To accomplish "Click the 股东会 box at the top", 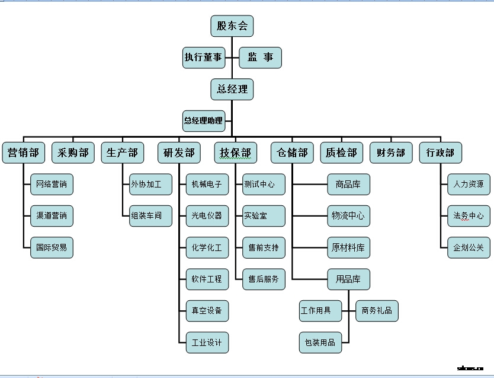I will click(232, 26).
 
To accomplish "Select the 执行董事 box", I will click(203, 58).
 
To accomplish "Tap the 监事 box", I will click(260, 58).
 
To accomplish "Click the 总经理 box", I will click(232, 89).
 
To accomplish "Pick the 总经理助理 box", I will click(203, 120).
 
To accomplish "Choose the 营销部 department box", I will click(23, 153).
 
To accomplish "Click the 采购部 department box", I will click(73, 153).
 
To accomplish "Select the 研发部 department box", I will click(179, 153).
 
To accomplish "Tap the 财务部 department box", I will click(391, 153).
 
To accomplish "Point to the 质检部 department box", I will click(341, 153).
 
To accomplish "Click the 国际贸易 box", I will click(52, 247).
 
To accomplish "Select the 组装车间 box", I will click(150, 216).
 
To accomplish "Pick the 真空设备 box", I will click(207, 310).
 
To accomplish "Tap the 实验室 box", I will click(264, 216).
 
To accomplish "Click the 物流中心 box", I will click(348, 216).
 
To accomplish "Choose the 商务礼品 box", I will click(377, 310).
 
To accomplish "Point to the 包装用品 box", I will click(320, 342).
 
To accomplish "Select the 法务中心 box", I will click(469, 216).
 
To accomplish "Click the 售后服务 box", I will click(264, 279).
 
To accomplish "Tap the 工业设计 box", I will click(207, 342).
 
